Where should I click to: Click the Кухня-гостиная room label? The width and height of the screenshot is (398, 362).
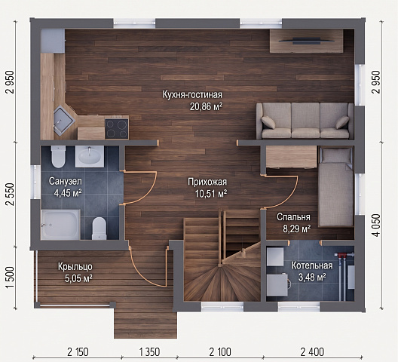(192, 95)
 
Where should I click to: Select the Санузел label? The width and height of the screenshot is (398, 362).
(66, 182)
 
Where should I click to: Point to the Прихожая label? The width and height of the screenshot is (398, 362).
(207, 182)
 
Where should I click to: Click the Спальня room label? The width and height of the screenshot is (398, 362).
(293, 217)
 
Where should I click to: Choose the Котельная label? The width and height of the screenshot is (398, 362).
(312, 265)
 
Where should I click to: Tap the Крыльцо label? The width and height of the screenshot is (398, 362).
(75, 267)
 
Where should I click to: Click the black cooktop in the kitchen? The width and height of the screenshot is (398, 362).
(117, 128)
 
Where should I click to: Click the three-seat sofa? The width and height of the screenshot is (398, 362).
(305, 121)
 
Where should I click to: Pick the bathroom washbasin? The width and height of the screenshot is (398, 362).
(90, 156)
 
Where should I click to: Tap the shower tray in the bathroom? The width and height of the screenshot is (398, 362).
(60, 225)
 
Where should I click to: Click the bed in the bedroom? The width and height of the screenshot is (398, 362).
(336, 187)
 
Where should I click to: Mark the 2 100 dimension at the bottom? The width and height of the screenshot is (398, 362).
(220, 352)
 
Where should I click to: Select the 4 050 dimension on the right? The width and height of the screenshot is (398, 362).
(376, 225)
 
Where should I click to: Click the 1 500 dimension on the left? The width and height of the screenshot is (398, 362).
(10, 278)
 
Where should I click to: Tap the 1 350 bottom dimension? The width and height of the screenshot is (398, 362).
(149, 352)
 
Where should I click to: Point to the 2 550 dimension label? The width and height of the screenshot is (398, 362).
(10, 194)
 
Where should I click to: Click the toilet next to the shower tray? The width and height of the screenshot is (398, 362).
(99, 229)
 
